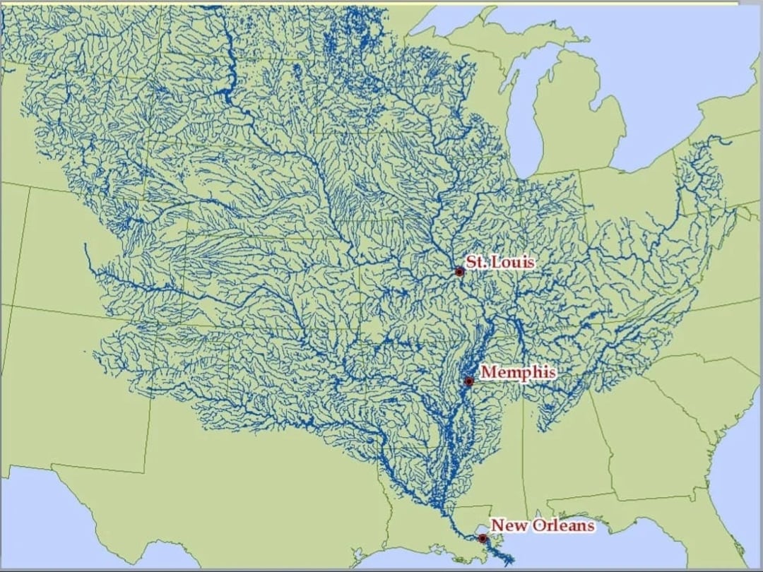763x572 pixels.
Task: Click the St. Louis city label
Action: click(499, 262)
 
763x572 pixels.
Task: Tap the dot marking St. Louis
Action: click(459, 272)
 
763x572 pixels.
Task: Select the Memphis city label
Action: click(518, 372)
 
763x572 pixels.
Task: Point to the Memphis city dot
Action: click(468, 381)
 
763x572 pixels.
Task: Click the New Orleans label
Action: click(543, 525)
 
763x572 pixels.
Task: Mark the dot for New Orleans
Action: click(483, 538)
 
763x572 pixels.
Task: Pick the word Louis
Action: click(512, 262)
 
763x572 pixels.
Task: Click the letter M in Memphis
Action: click(488, 372)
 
